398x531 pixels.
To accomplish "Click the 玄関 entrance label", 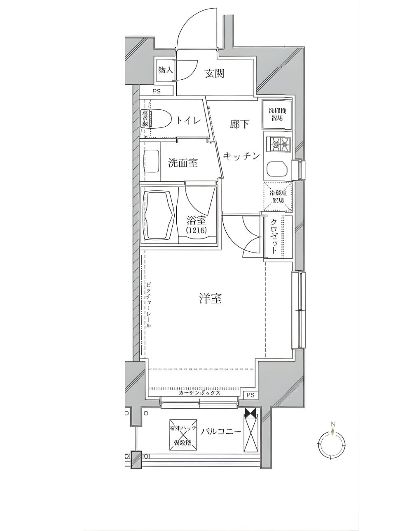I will coord(214,74).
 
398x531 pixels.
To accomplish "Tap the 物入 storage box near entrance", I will coord(165,70).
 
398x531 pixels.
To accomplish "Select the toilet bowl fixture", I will coord(159,119).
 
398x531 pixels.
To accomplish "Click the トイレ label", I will coord(188,121).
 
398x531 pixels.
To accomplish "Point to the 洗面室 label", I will coord(183,163).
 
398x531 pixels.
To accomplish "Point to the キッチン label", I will coord(241,156).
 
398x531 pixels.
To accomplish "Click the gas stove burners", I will coord(279,144).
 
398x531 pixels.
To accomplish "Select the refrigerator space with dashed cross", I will coord(278,197).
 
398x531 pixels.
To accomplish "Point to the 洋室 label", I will coord(210,299).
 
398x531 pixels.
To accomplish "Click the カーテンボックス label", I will coord(199,393).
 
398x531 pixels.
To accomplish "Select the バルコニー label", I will coord(221,432).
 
